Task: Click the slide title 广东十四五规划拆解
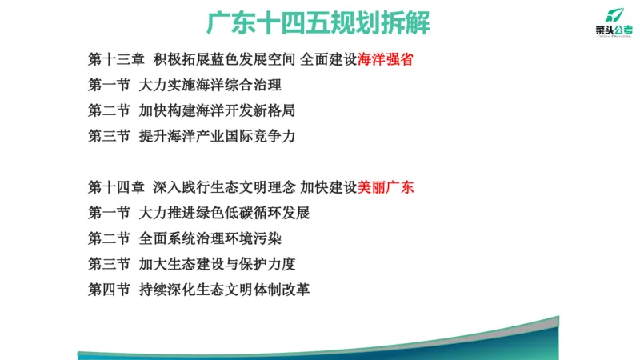pos(318,22)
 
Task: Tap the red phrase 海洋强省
pos(386,60)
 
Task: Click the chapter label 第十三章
pos(116,60)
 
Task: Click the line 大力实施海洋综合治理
pos(210,86)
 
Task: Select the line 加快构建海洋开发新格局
pos(216,111)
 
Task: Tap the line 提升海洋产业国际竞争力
pos(216,137)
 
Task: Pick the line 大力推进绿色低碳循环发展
pos(223,213)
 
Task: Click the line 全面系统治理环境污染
pos(210,238)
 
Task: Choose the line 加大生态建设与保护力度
pos(216,264)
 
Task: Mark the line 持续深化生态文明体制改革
pos(223,289)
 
